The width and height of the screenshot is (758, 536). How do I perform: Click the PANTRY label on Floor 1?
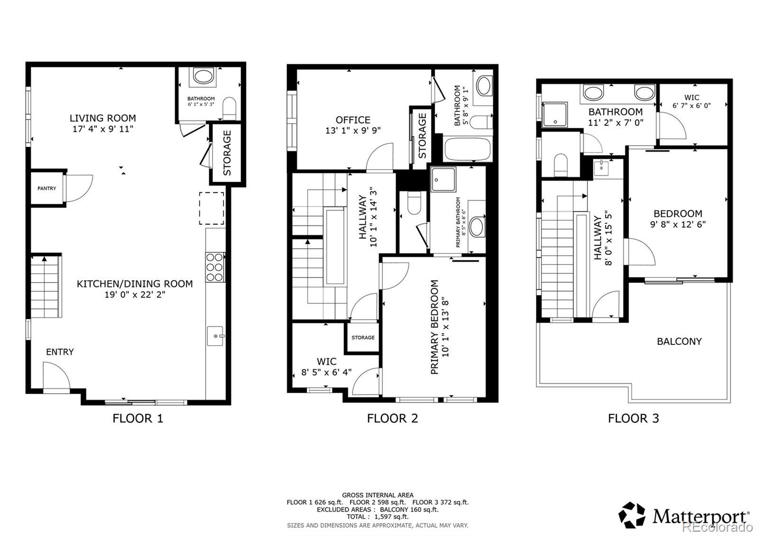pos(47,188)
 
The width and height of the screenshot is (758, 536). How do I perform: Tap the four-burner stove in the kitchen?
pos(215,267)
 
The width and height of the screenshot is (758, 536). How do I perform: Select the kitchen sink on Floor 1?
pos(215,336)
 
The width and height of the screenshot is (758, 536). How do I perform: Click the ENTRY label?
pos(60,352)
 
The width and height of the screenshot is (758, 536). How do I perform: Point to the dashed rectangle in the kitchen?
pos(211,208)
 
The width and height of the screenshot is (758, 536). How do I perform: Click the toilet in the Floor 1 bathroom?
pos(229,108)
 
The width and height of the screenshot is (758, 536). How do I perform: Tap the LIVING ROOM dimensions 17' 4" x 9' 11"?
pos(103,129)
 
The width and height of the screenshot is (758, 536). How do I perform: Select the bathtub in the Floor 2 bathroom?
pos(467,149)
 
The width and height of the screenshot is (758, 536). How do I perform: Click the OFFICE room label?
pos(353,120)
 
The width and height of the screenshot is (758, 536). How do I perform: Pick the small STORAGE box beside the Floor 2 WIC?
pos(363,337)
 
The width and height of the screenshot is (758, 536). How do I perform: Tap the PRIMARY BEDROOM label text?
pos(434,327)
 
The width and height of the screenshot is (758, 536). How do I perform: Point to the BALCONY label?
pos(679,342)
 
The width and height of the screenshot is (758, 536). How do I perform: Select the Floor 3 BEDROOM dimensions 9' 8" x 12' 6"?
pos(678,224)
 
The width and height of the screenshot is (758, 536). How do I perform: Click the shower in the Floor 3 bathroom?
pos(555,114)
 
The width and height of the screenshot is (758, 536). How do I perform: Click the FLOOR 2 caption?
pos(393,418)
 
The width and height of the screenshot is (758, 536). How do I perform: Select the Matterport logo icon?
pos(632,515)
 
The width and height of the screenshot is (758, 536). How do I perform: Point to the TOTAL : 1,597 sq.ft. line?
pos(378,517)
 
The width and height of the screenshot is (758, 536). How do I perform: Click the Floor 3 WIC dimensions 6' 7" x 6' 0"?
pos(691,106)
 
